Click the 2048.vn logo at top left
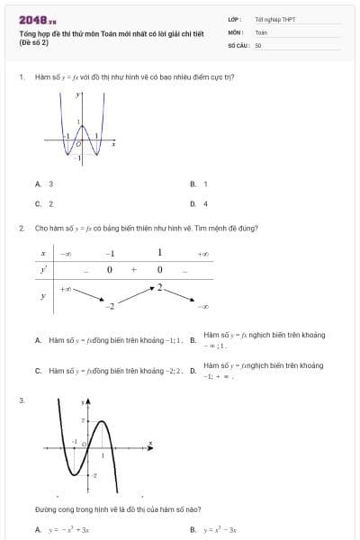pyautogui.click(x=38, y=20)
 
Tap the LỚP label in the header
pyautogui.click(x=234, y=19)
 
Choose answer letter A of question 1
pyautogui.click(x=38, y=184)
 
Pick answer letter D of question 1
pyautogui.click(x=193, y=203)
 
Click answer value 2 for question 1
pyautogui.click(x=50, y=203)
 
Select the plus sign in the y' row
pyautogui.click(x=133, y=269)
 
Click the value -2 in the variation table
pyautogui.click(x=111, y=308)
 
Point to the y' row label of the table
pyautogui.click(x=42, y=269)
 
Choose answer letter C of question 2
pyautogui.click(x=38, y=370)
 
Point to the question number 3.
pyautogui.click(x=21, y=400)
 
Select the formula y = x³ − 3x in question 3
pyautogui.click(x=220, y=530)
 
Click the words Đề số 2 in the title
pyautogui.click(x=34, y=42)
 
